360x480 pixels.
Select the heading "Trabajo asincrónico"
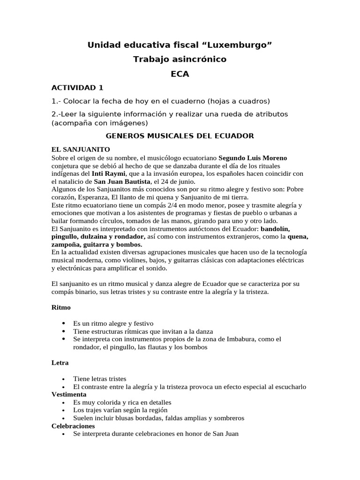pyautogui.click(x=180, y=59)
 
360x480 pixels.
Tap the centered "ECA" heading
pyautogui.click(x=180, y=74)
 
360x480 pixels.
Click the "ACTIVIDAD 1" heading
pyautogui.click(x=77, y=88)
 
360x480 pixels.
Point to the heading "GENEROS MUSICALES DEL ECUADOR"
pyautogui.click(x=180, y=136)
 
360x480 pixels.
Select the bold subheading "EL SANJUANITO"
pyautogui.click(x=77, y=150)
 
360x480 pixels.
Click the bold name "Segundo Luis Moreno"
pyautogui.click(x=253, y=157)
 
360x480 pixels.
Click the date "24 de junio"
pyautogui.click(x=176, y=181)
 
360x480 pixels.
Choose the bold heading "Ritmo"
pyautogui.click(x=61, y=308)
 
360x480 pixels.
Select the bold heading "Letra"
pyautogui.click(x=60, y=363)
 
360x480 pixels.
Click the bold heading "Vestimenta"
pyautogui.click(x=69, y=395)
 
